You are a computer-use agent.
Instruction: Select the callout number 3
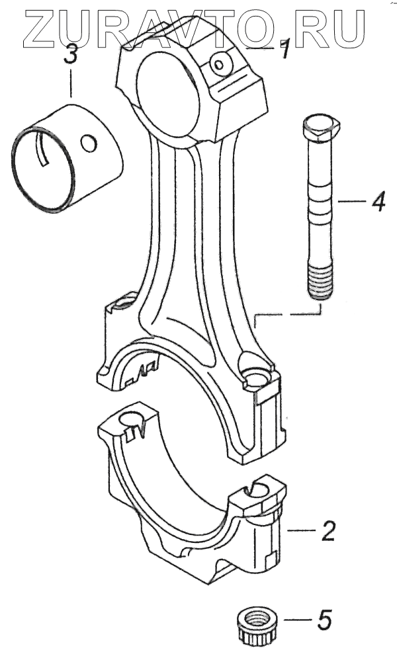click(x=71, y=55)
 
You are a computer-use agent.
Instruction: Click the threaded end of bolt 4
click(x=320, y=281)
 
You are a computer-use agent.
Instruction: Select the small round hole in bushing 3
click(x=88, y=142)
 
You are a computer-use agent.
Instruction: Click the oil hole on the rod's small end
click(x=218, y=63)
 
